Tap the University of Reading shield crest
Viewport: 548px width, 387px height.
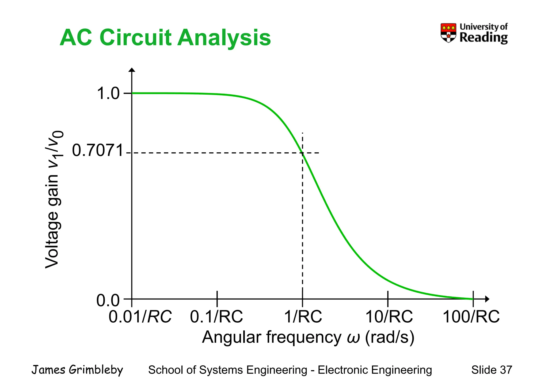tap(448, 33)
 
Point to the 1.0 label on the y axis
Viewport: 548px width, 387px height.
tap(108, 94)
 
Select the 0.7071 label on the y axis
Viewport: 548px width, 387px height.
tap(98, 150)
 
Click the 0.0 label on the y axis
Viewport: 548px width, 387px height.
tap(108, 300)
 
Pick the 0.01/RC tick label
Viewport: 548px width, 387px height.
tap(140, 317)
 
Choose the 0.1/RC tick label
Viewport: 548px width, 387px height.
tap(216, 317)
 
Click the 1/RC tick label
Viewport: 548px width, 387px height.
tap(303, 317)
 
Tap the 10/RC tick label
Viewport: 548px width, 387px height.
tap(389, 317)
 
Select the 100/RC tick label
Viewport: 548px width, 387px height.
tap(471, 317)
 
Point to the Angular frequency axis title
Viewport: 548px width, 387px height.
tap(308, 337)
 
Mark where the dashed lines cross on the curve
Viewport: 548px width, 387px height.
tap(303, 153)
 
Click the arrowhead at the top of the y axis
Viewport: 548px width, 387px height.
tap(132, 70)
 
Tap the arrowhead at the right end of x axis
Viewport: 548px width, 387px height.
tap(487, 299)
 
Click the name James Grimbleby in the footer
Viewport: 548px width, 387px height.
tap(77, 370)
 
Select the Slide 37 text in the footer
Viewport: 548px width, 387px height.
tap(492, 370)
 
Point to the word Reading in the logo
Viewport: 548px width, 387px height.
tap(484, 38)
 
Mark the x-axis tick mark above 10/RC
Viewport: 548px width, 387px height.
tap(388, 295)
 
